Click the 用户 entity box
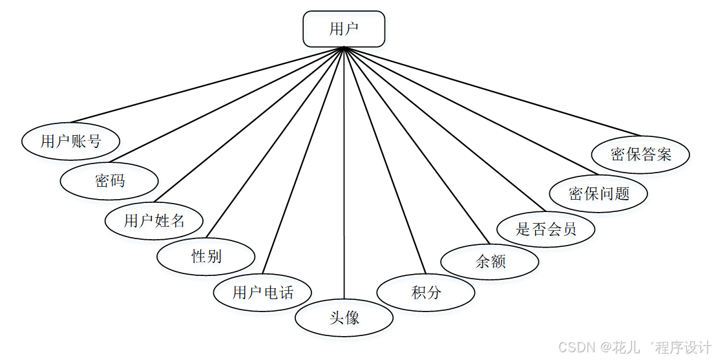point(344,30)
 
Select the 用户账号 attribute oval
point(70,141)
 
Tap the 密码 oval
point(109,181)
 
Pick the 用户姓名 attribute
point(154,220)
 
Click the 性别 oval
point(206,256)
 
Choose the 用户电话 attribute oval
point(262,292)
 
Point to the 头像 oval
point(344,317)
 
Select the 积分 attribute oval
point(426,292)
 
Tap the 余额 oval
point(490,261)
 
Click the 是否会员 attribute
point(546,229)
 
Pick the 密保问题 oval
point(598,193)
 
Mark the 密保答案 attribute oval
point(640,154)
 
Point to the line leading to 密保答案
point(491,88)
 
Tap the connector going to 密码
point(226,105)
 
